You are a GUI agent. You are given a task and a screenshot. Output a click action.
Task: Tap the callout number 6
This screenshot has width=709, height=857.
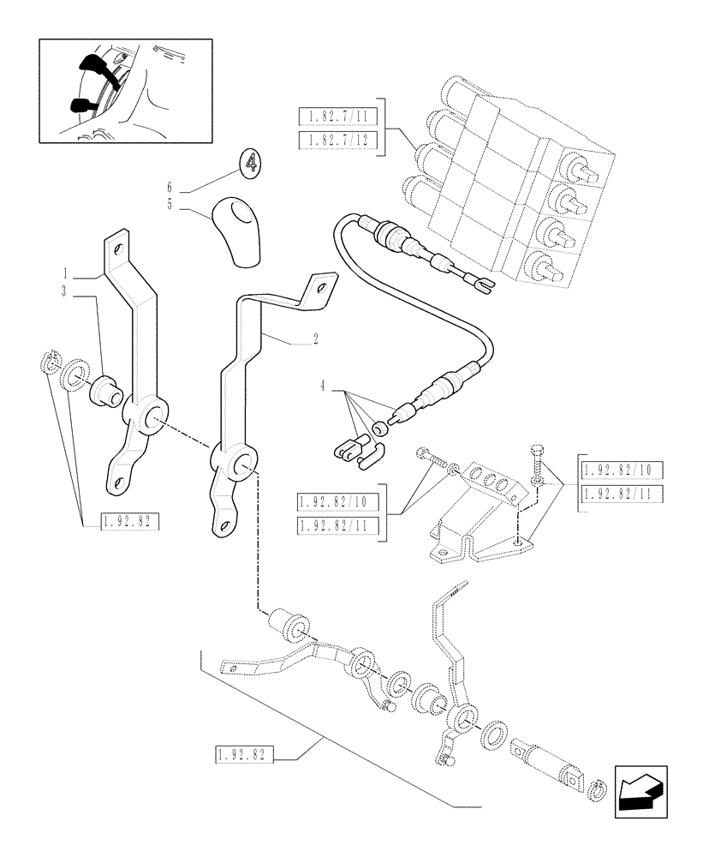click(170, 186)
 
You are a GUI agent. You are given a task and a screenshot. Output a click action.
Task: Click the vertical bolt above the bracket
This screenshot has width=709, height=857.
click(538, 463)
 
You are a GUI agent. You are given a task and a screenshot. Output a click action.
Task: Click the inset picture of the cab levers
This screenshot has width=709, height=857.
click(125, 89)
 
